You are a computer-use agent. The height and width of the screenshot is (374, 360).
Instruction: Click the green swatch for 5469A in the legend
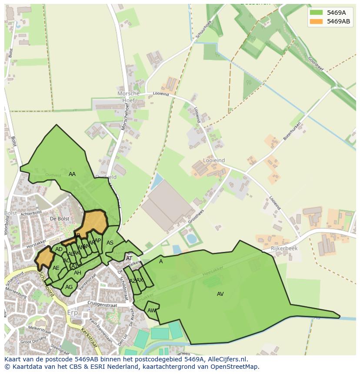tap(316, 13)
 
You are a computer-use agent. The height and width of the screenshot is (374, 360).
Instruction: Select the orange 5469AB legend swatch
tap(316, 21)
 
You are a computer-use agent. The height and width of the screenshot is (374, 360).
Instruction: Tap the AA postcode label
tap(72, 174)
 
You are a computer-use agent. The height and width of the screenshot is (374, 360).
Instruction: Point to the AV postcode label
tap(220, 294)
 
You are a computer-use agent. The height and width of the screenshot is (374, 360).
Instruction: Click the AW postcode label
tap(151, 311)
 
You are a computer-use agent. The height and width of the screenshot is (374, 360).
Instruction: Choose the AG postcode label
tap(69, 287)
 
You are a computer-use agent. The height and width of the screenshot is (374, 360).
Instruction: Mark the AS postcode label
tap(110, 243)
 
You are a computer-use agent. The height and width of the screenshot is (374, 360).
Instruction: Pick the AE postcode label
tap(56, 268)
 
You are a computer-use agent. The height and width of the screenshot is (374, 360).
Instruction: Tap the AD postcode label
tap(59, 249)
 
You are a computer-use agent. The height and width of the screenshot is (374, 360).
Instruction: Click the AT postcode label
tap(129, 258)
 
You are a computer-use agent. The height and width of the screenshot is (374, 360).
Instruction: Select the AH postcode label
tap(77, 273)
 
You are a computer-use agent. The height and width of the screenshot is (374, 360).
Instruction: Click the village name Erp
tap(72, 313)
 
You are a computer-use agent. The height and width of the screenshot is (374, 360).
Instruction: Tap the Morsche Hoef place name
tap(129, 97)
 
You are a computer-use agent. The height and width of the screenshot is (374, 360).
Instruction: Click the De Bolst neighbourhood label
tap(60, 218)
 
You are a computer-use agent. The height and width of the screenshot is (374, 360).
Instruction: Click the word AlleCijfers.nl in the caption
tap(227, 359)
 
